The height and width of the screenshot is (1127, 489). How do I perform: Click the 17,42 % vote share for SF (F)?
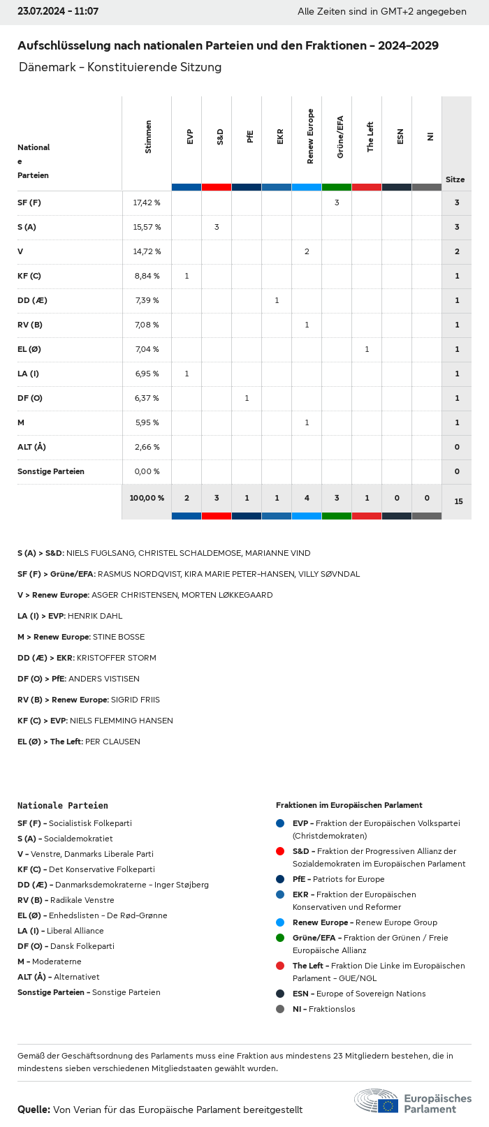pos(147,202)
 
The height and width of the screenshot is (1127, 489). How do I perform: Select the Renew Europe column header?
pos(310,137)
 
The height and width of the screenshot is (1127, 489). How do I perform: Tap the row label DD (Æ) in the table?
pos(32,300)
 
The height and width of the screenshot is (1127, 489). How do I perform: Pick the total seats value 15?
pos(458,501)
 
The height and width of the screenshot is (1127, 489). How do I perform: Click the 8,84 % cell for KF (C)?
pos(147,276)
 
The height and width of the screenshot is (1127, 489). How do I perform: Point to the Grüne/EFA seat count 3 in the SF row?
pos(337,202)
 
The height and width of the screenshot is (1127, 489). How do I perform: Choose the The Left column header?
pos(370,137)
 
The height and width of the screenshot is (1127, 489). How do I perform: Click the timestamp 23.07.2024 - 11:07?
pos(58,11)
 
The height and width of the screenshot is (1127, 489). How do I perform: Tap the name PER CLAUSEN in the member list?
pos(112,742)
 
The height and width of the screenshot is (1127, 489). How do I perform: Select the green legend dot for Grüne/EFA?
pos(280,938)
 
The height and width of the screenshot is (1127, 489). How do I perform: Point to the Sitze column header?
pos(455,179)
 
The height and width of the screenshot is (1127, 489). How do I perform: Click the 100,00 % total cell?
pos(147,498)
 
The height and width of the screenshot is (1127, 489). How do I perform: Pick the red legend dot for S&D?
pos(280,851)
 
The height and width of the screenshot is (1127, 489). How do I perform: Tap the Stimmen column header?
pos(148,137)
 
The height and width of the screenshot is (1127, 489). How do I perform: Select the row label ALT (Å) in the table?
pos(31,447)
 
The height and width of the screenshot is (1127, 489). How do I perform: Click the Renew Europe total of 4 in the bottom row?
pos(307,498)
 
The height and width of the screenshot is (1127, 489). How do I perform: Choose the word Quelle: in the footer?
pos(34,1110)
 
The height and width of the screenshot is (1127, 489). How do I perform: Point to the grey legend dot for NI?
pos(280,1009)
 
